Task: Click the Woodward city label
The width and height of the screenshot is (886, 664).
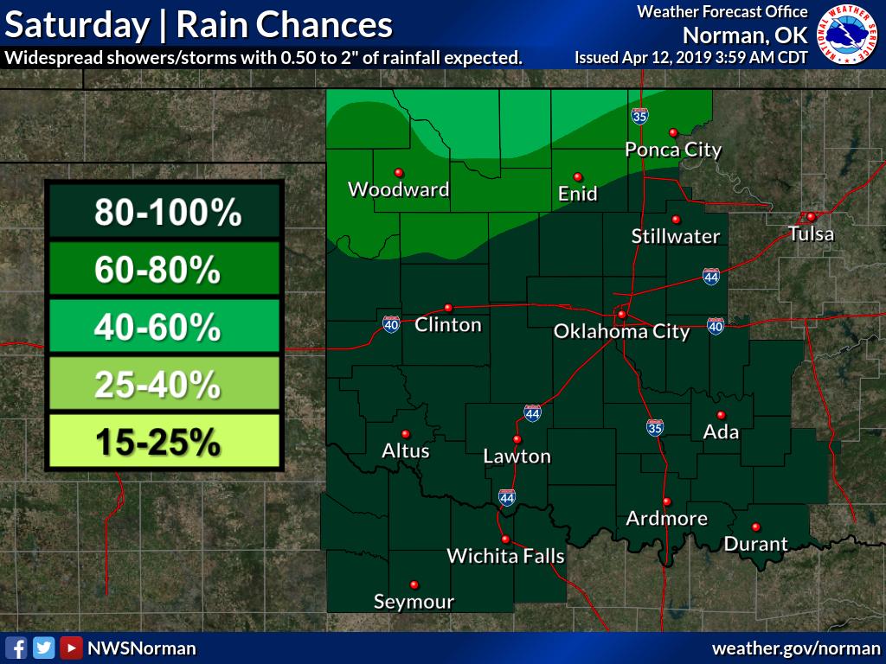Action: [x=398, y=189]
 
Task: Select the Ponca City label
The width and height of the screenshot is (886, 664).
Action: [x=673, y=150]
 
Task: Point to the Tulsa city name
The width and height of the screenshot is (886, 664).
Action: [x=811, y=233]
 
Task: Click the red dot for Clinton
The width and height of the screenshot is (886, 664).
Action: [x=448, y=307]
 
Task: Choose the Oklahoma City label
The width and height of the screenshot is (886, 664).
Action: [x=621, y=331]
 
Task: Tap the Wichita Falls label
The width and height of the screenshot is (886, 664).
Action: [x=505, y=556]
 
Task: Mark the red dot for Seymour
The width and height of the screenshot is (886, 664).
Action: [x=414, y=584]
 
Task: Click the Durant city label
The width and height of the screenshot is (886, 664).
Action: [x=755, y=544]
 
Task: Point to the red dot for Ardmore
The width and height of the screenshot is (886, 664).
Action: [x=666, y=501]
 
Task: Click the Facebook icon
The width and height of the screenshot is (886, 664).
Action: [x=16, y=648]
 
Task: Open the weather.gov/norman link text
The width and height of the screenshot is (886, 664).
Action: [x=795, y=648]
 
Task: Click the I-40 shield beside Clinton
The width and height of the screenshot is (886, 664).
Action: [x=391, y=324]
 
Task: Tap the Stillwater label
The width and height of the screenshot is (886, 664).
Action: [x=675, y=236]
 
